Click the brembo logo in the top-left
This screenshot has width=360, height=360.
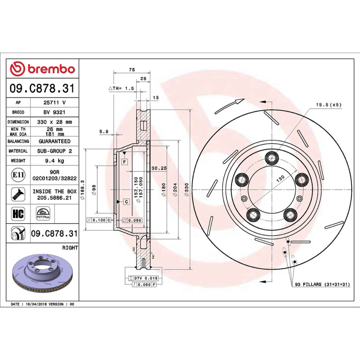click(x=42, y=69)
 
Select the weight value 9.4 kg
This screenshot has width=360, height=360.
click(x=54, y=161)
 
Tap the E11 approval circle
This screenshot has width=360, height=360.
click(x=18, y=175)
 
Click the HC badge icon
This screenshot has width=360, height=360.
click(x=18, y=213)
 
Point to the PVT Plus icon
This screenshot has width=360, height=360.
click(x=43, y=213)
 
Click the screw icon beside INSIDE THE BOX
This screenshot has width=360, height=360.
click(x=18, y=194)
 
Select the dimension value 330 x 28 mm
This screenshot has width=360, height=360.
click(x=54, y=122)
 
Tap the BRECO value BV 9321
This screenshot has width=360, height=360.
click(x=54, y=112)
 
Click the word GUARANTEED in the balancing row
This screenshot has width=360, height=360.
click(x=54, y=141)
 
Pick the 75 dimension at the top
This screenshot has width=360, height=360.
click(x=132, y=70)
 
